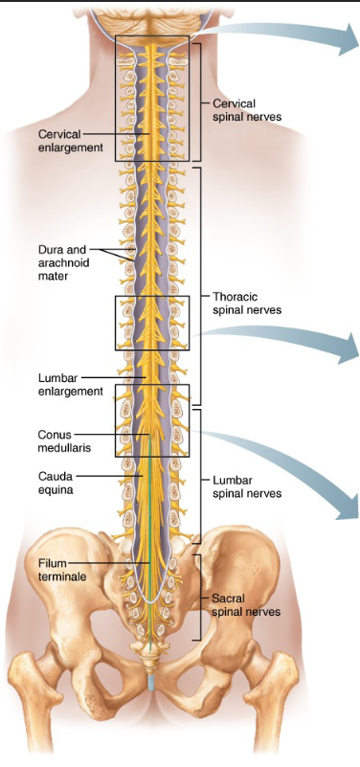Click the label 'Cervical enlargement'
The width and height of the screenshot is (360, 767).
[66, 141]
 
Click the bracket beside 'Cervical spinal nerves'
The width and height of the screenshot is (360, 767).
[198, 101]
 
